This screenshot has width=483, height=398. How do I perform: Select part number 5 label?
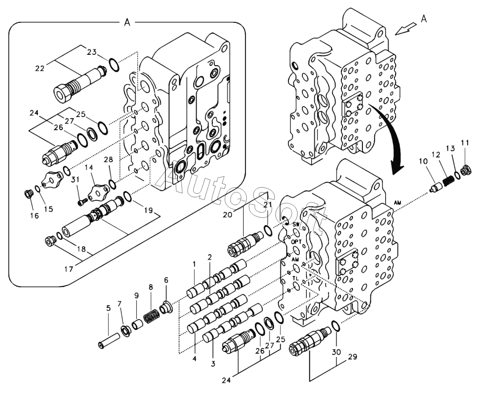click(108, 308)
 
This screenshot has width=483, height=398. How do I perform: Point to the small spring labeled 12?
click(448, 180)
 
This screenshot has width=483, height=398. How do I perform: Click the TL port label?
click(296, 278)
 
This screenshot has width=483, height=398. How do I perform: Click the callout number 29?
click(352, 357)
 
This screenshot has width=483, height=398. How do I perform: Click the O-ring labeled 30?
click(334, 326)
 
